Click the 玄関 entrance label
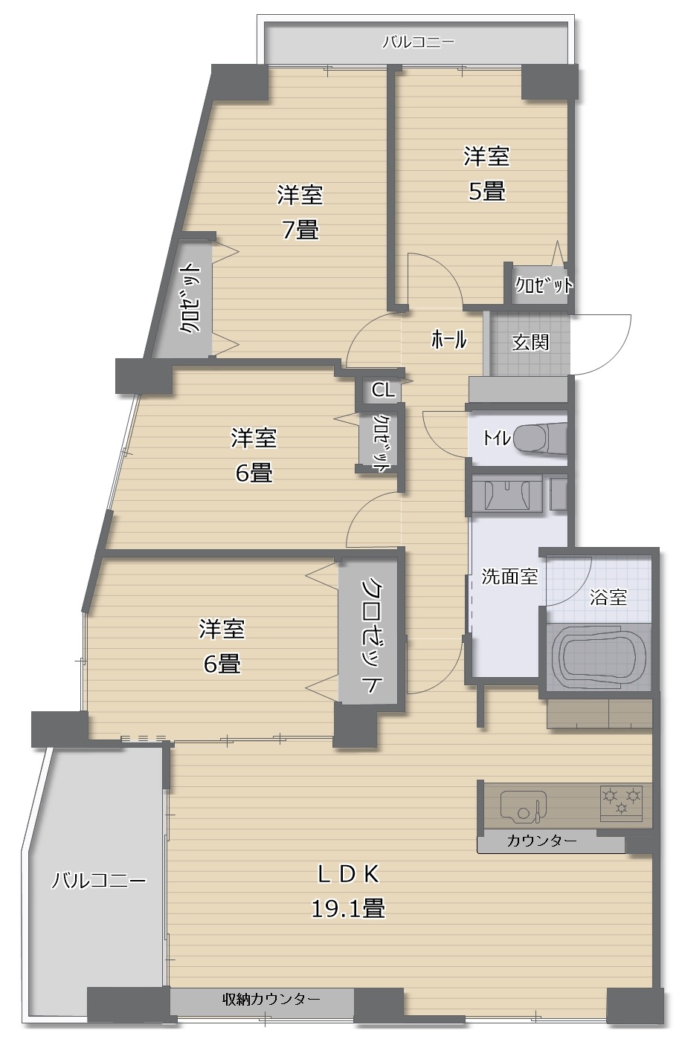pos(530,343)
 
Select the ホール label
pos(448,340)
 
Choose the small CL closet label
pos(383,389)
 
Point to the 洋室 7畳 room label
pos(300,212)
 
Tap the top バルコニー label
pos(418,43)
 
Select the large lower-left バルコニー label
pos(99,881)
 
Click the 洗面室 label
pos(509,576)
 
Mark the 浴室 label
pos(608,597)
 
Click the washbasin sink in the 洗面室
pos(506,494)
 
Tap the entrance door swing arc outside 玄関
pos(602,344)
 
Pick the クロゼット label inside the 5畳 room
pos(543,285)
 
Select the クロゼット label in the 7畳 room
pos(190,298)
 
